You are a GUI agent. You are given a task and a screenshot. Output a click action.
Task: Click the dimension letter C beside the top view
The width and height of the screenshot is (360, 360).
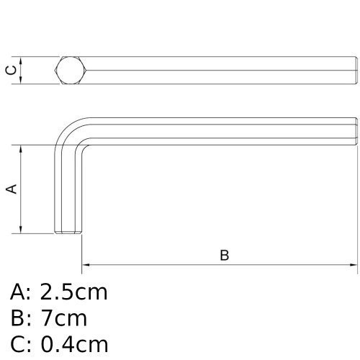tap(10, 70)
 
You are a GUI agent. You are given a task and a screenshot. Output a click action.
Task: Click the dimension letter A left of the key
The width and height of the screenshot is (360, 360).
tap(11, 189)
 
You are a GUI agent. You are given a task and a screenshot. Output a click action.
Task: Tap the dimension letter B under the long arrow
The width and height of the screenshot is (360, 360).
tap(224, 256)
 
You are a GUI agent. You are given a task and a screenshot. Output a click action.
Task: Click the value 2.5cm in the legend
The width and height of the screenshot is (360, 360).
tap(74, 292)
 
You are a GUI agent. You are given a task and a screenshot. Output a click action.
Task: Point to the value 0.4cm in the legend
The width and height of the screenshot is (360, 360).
tap(74, 344)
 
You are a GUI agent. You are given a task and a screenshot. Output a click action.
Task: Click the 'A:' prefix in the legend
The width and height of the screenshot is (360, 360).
tap(22, 292)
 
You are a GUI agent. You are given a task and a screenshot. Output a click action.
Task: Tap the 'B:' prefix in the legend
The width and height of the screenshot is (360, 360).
tap(22, 318)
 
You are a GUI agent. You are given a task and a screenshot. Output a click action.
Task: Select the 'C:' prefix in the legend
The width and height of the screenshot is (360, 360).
tap(22, 344)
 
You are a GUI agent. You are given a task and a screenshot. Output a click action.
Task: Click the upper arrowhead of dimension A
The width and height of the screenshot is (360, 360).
tap(22, 149)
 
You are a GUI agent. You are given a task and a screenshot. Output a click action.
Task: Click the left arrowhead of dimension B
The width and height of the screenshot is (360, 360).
tap(86, 265)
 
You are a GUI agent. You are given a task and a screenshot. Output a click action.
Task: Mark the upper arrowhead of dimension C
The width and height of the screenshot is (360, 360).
tap(22, 60)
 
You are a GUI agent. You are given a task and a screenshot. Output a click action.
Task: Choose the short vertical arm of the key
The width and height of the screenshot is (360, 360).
tap(69, 191)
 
